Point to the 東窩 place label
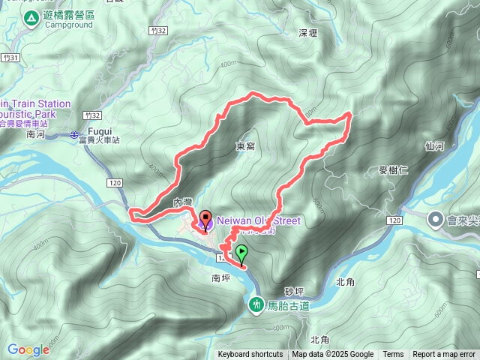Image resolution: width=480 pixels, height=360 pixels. click(245, 146)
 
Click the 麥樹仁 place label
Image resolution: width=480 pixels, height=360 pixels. click(393, 170)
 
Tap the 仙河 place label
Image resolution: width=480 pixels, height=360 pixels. click(434, 146)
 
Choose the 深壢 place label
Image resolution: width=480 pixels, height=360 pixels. click(308, 33)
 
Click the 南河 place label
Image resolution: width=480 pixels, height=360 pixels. click(36, 134)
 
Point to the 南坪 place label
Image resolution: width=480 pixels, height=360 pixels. click(222, 277)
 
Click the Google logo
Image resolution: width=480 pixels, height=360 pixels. click(28, 349)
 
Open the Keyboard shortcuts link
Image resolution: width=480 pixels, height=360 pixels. click(250, 355)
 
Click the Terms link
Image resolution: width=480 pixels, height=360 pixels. click(393, 355)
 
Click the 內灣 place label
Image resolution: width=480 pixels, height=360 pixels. click(183, 202)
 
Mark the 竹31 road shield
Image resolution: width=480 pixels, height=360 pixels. click(9, 57)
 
